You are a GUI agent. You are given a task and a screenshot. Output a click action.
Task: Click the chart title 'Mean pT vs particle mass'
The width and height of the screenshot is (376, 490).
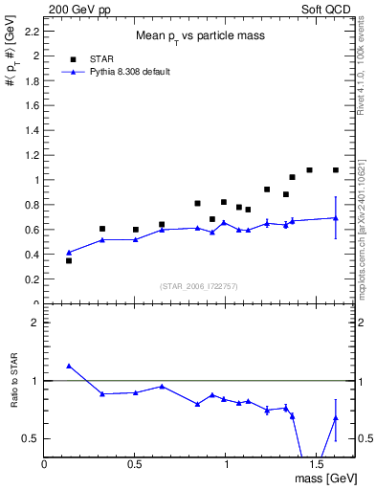tap(199, 36)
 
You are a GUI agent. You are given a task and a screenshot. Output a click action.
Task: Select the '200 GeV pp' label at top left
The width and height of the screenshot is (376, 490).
tap(75, 8)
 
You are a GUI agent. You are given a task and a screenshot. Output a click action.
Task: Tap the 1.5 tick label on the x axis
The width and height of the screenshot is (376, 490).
tap(317, 465)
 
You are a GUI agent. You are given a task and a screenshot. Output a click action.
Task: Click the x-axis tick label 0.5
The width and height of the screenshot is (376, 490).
tap(135, 465)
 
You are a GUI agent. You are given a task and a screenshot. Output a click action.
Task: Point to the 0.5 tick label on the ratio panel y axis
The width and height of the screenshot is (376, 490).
tap(32, 438)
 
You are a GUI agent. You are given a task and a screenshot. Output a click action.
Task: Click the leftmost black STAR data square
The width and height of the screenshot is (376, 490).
tap(69, 260)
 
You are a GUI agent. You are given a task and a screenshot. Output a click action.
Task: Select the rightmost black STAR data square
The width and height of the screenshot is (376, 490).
tap(336, 170)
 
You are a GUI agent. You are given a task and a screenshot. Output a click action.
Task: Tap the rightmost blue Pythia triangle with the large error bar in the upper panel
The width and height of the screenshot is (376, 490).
tap(336, 218)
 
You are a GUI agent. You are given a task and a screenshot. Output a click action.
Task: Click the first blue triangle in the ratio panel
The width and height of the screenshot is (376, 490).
tap(69, 366)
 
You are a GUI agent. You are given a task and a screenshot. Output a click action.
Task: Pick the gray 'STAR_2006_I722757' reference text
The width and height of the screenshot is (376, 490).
tap(199, 287)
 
